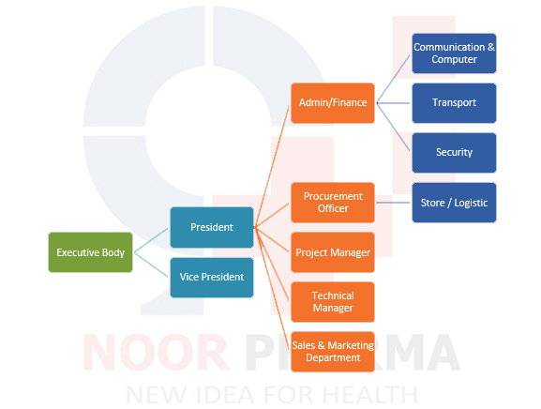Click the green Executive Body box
[x=90, y=252]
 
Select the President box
[x=212, y=227]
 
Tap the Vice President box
[x=212, y=277]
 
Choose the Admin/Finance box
[x=333, y=103]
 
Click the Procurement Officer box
[x=333, y=203]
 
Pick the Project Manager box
[x=333, y=252]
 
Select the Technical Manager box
[x=333, y=302]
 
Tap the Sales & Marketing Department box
[x=333, y=352]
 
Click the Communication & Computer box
[x=454, y=53]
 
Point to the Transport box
[x=454, y=103]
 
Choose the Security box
[x=454, y=153]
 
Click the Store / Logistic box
[x=454, y=203]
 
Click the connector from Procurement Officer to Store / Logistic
[x=393, y=203]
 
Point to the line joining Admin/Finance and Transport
[x=393, y=103]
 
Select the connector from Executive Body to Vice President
[x=151, y=265]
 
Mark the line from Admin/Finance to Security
[x=393, y=127]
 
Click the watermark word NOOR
[x=156, y=353]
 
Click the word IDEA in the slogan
[x=225, y=395]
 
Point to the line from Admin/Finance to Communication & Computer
[x=393, y=79]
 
